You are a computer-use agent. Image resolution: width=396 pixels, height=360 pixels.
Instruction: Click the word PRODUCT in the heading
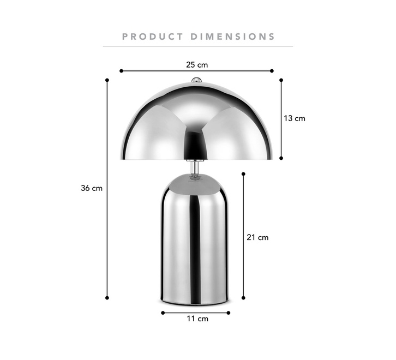click(153, 37)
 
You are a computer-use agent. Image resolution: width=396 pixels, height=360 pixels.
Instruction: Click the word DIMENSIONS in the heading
click(232, 37)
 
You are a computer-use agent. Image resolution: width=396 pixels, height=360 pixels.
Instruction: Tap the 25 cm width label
click(197, 65)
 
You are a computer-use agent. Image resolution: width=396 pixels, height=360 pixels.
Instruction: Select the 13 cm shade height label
click(295, 118)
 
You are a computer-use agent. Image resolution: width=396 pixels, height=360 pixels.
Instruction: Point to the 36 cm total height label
click(92, 188)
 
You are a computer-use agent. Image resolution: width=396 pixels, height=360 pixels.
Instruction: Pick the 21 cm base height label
click(257, 237)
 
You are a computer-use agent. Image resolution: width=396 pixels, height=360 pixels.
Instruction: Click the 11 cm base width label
click(197, 319)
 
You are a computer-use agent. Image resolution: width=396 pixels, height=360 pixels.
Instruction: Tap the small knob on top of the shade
click(196, 80)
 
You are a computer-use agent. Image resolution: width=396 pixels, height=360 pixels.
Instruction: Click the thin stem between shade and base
click(194, 167)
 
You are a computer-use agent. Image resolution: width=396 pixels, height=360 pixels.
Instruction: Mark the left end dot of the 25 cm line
click(121, 71)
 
